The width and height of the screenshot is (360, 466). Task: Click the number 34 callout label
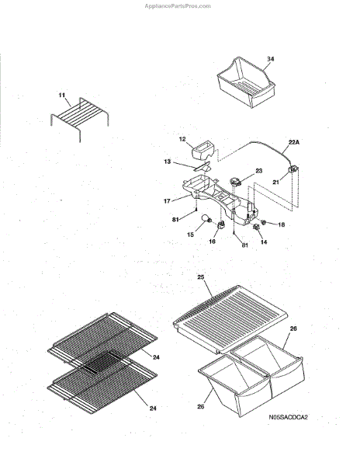[x=270, y=59]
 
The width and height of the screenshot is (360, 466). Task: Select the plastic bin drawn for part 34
[x=246, y=82]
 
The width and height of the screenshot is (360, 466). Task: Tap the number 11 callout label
[x=62, y=95]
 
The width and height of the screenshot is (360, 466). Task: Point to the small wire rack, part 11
[x=80, y=117]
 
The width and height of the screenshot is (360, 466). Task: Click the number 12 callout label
[x=182, y=139]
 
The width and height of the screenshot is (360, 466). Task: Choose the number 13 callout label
[x=168, y=162]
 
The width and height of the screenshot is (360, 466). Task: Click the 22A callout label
[x=294, y=142]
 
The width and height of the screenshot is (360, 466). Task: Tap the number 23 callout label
[x=259, y=171]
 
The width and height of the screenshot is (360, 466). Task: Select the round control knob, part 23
[x=236, y=181]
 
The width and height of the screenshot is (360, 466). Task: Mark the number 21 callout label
[x=275, y=182]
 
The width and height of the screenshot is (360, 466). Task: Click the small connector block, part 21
[x=293, y=169]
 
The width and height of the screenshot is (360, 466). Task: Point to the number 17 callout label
[x=167, y=201]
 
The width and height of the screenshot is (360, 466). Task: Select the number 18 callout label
[x=281, y=224]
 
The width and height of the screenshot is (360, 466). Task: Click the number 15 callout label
[x=190, y=235]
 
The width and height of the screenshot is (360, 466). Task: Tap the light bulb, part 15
[x=206, y=219]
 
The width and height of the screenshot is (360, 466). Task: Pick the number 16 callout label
[x=212, y=242]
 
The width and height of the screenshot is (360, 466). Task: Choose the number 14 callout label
[x=264, y=242]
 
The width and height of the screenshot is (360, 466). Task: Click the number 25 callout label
[x=201, y=277]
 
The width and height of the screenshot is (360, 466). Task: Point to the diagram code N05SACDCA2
[x=288, y=417]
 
